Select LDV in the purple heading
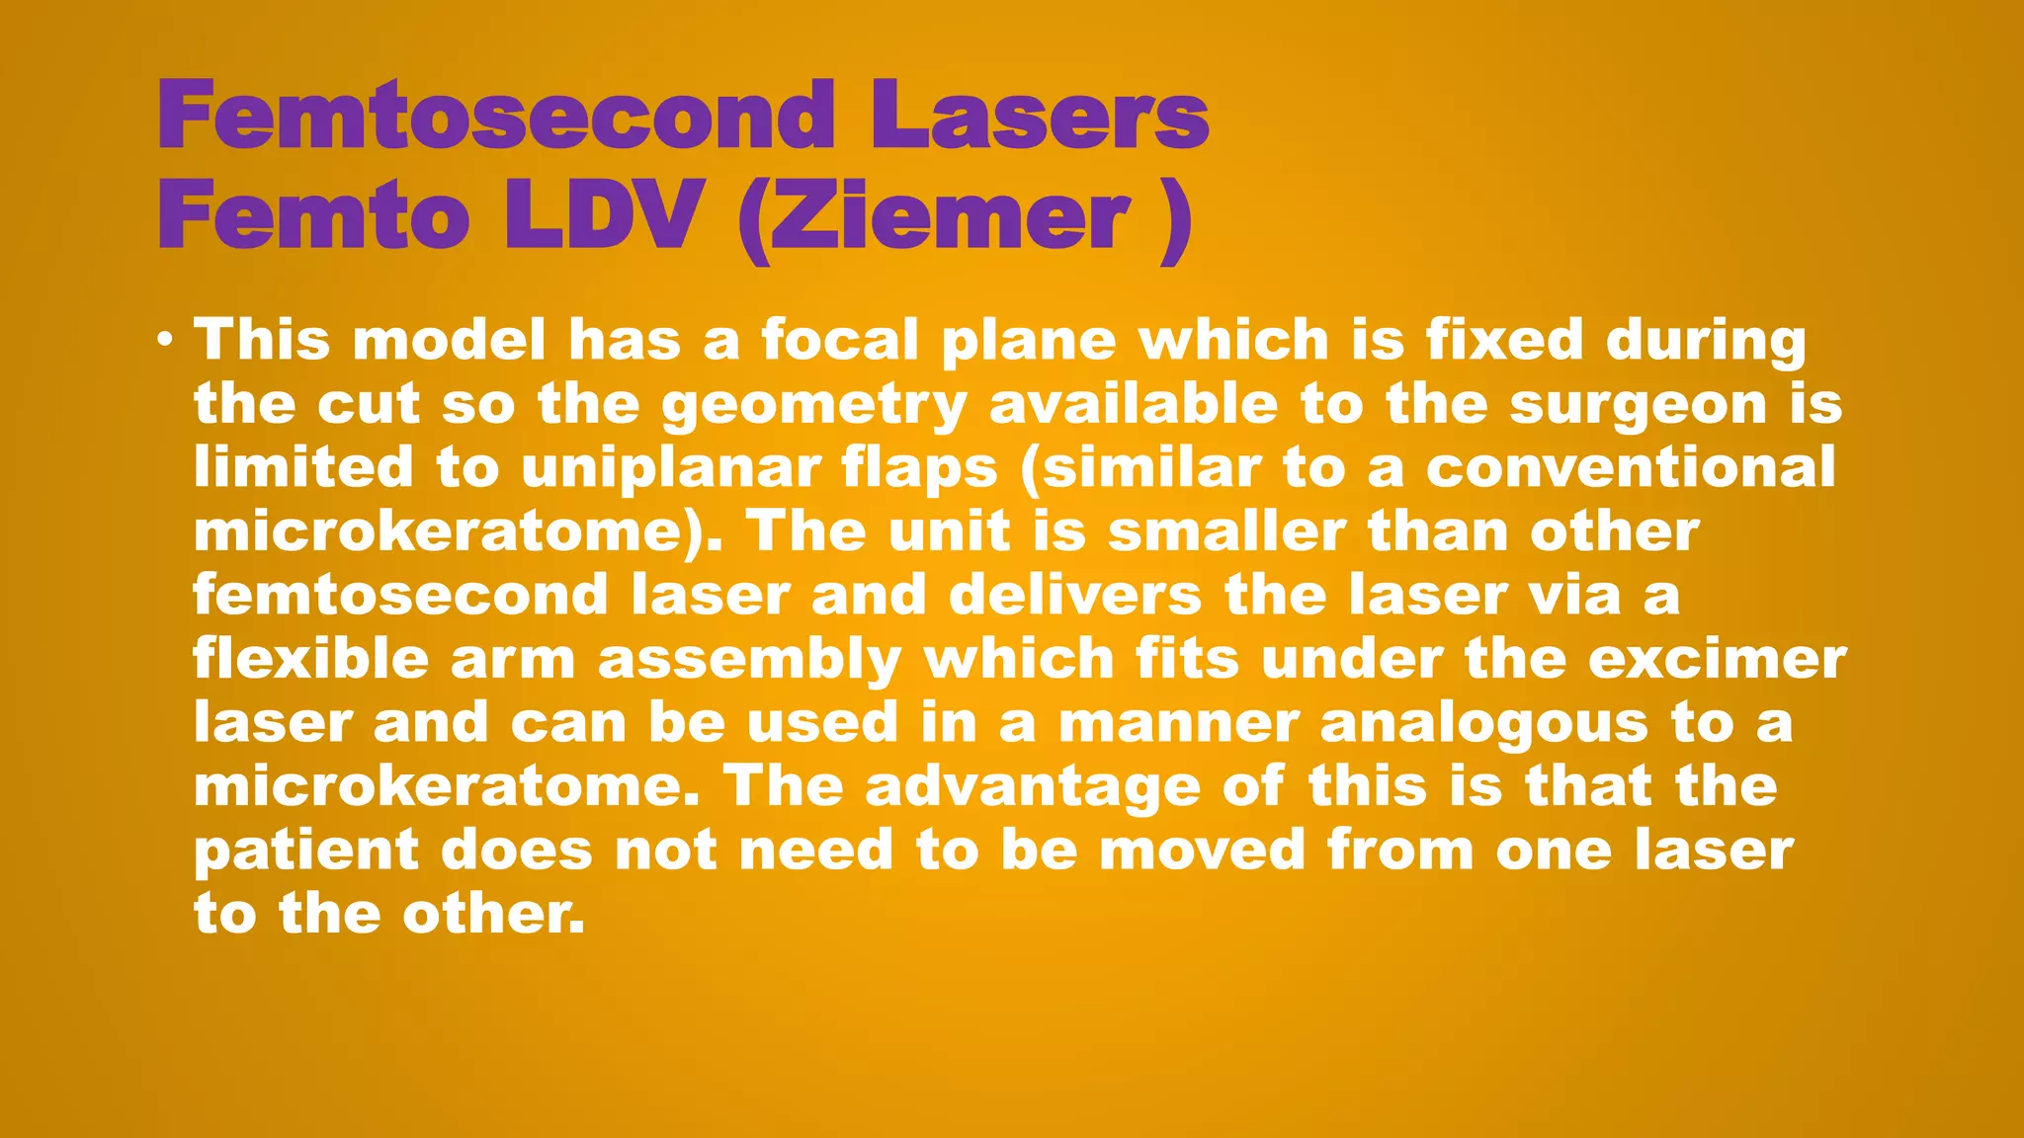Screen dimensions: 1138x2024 point(602,216)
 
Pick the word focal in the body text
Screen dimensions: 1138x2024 point(839,341)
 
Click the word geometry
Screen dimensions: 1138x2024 point(813,406)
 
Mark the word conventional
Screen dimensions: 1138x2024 point(1631,466)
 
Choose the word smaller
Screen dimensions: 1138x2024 point(1226,531)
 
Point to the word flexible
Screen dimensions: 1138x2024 point(310,659)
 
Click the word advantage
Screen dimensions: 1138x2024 point(1032,787)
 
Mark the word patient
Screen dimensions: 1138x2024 point(305,851)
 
